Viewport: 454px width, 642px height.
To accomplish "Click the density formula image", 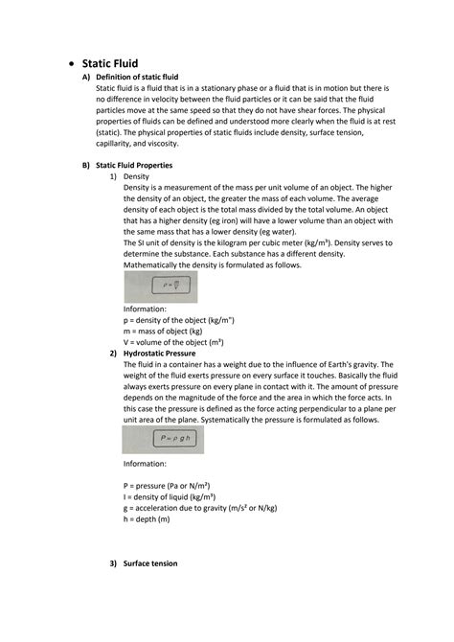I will pos(160,287).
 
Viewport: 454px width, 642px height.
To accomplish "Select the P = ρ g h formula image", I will pos(161,439).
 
